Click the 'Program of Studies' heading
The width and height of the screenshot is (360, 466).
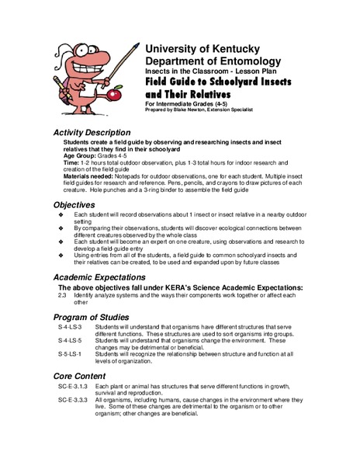pos(93,318)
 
